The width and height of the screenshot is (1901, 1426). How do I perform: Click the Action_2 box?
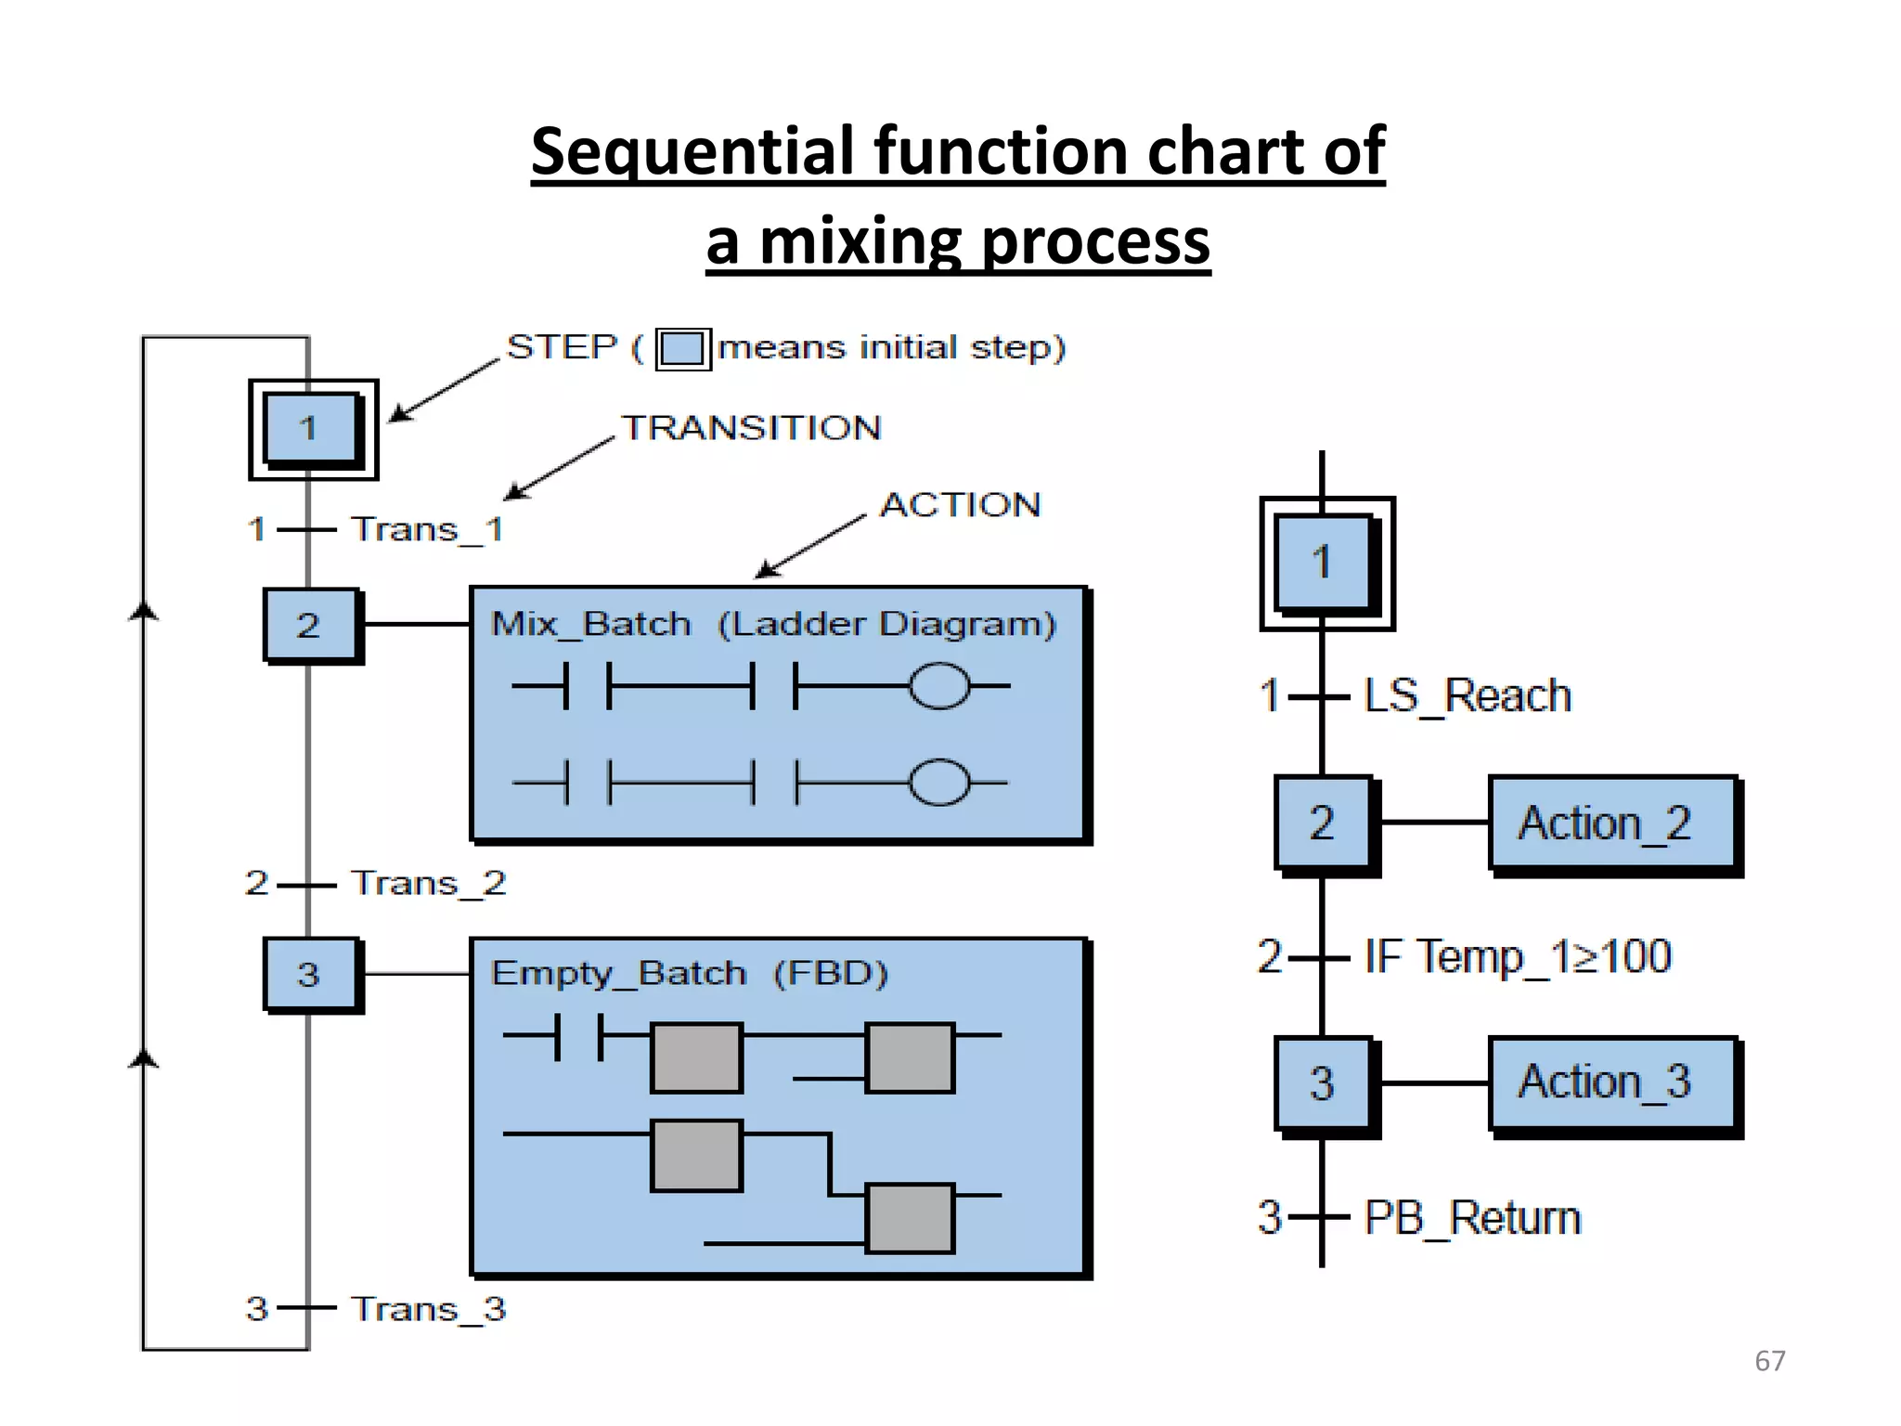point(1612,823)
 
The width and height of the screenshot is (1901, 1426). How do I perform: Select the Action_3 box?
point(1612,1082)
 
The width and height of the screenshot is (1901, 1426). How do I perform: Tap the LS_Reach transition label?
point(1467,696)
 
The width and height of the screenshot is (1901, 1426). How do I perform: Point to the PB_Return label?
point(1471,1218)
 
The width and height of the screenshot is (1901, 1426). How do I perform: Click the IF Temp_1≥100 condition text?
point(1518,956)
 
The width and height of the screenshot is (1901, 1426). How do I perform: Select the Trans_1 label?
point(427,530)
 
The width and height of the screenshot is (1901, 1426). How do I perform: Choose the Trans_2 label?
point(428,883)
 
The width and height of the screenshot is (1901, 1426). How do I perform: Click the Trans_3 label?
point(428,1309)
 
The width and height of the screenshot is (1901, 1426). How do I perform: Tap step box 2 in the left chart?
point(310,625)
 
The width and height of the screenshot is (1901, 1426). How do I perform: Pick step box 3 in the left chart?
point(310,974)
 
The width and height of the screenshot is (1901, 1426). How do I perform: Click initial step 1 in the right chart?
point(1325,563)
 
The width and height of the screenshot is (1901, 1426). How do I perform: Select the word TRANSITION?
point(750,428)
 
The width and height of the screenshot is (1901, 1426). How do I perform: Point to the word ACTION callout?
point(961,505)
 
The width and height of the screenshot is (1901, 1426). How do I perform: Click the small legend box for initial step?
point(683,349)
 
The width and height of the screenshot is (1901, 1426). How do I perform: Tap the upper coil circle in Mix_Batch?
point(939,687)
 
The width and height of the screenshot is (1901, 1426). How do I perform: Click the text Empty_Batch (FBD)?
point(689,974)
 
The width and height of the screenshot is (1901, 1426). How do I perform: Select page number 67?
point(1769,1361)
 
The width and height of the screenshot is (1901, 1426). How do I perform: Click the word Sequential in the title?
point(692,151)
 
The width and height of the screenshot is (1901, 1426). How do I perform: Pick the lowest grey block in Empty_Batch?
point(910,1218)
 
